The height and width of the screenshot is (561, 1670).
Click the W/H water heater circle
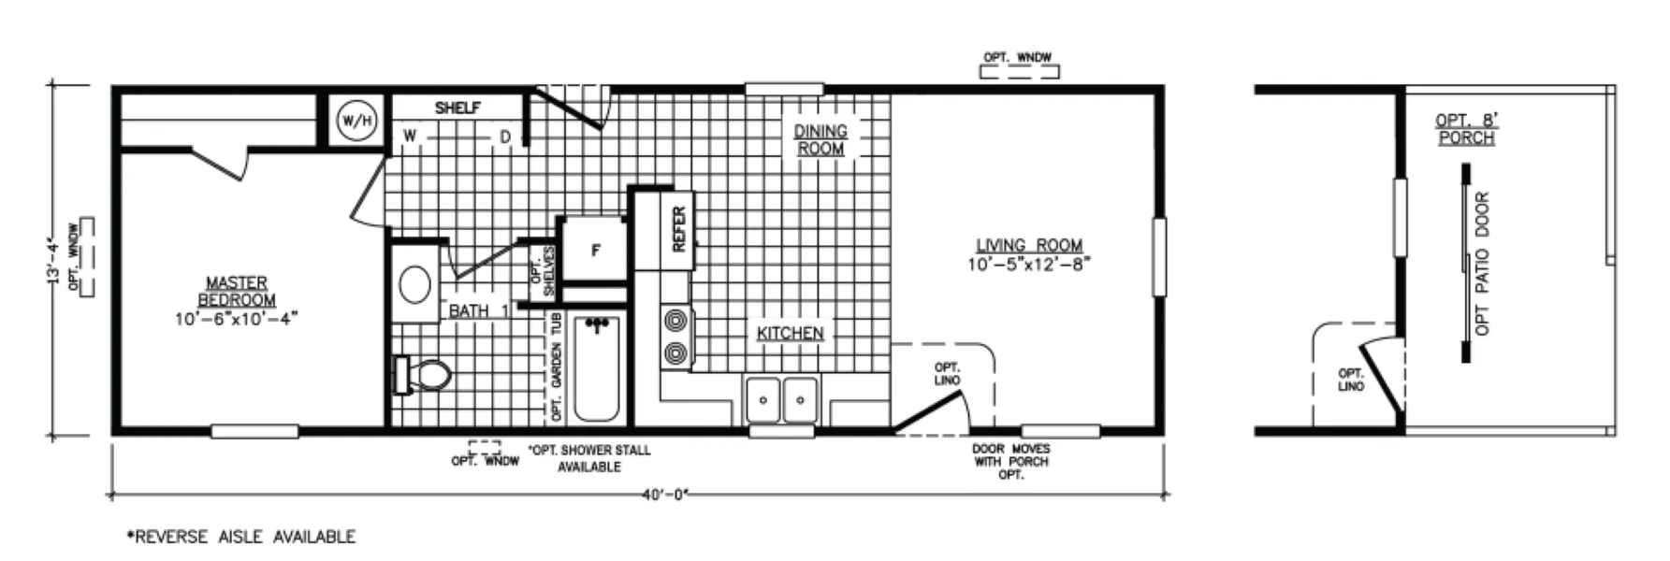pyautogui.click(x=356, y=121)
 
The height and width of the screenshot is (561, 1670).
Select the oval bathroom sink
pyautogui.click(x=415, y=284)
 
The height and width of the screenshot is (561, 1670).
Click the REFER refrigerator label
pyautogui.click(x=679, y=229)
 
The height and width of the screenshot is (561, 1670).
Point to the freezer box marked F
pyautogui.click(x=595, y=250)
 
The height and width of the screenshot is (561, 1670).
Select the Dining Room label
pyautogui.click(x=820, y=139)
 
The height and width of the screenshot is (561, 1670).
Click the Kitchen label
pyautogui.click(x=791, y=333)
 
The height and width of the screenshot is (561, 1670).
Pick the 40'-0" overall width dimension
pyautogui.click(x=665, y=495)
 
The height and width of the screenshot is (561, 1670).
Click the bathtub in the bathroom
pyautogui.click(x=596, y=368)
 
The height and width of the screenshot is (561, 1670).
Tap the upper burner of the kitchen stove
pyautogui.click(x=675, y=322)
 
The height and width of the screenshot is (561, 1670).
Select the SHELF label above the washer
pyautogui.click(x=457, y=108)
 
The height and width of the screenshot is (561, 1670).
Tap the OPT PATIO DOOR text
pyautogui.click(x=1482, y=264)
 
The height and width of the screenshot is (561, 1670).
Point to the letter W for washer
pyautogui.click(x=410, y=137)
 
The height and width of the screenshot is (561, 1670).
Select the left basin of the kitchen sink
pyautogui.click(x=763, y=399)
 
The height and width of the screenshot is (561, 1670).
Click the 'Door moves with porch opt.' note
pyautogui.click(x=1010, y=462)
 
